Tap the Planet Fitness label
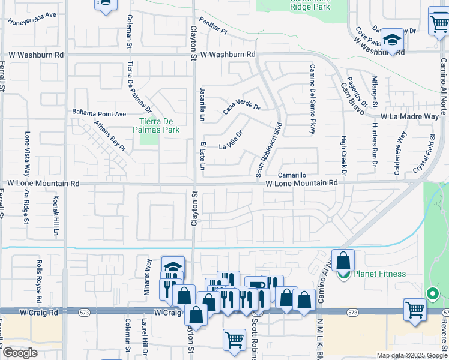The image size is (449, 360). pyautogui.click(x=379, y=274)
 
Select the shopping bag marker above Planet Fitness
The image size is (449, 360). pyautogui.click(x=343, y=260)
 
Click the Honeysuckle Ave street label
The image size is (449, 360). pyautogui.click(x=32, y=17)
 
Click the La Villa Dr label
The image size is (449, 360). pyautogui.click(x=231, y=140)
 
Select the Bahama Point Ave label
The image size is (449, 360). pyautogui.click(x=99, y=113)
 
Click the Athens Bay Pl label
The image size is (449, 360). pyautogui.click(x=109, y=136)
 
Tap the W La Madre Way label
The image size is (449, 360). pyautogui.click(x=409, y=117)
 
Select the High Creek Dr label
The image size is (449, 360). pyautogui.click(x=345, y=155)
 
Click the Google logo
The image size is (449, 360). pyautogui.click(x=20, y=353)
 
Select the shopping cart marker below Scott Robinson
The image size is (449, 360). pyautogui.click(x=234, y=340)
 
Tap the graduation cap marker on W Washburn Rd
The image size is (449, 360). pyautogui.click(x=393, y=41)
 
